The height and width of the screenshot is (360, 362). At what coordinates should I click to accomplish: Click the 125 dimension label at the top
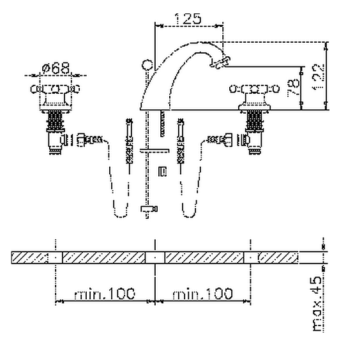tap(188, 19)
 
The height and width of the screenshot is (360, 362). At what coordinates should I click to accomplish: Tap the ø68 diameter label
tap(56, 68)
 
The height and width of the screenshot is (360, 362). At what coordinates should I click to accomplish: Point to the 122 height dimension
tap(319, 77)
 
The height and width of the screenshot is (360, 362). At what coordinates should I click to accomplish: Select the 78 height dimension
tap(293, 88)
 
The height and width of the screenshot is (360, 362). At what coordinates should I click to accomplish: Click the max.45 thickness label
tap(317, 304)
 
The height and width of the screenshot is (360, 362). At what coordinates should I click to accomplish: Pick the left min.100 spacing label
tap(105, 294)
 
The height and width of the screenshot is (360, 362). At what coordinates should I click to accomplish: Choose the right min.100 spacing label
tap(202, 294)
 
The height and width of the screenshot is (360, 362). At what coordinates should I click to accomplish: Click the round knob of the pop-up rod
tap(147, 65)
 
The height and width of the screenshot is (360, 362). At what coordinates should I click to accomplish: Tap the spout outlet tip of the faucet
tap(220, 62)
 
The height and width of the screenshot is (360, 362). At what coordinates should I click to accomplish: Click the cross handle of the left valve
tap(55, 89)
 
